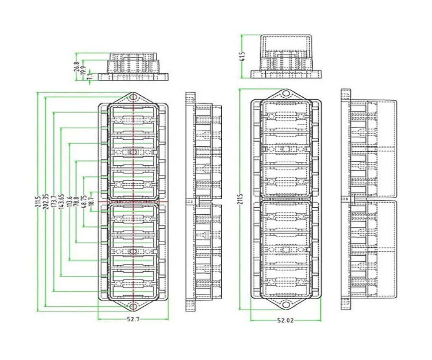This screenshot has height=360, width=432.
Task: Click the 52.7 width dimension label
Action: pos(133,320)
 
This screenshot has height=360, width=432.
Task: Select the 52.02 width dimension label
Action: pos(285,320)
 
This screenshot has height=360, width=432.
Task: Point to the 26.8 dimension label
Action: pos(76,67)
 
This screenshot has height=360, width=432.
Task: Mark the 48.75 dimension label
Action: pos(84,201)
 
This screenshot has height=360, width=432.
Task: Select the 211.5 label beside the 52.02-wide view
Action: pos(241,200)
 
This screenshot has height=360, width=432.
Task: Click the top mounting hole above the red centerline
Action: pos(133,97)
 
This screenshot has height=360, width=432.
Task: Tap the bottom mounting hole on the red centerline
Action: pos(133,306)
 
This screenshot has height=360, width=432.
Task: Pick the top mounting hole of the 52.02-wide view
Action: pos(286,94)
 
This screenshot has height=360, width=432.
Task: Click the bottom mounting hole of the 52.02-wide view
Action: pos(286,304)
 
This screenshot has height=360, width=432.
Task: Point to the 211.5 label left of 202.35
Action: pos(39,201)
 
